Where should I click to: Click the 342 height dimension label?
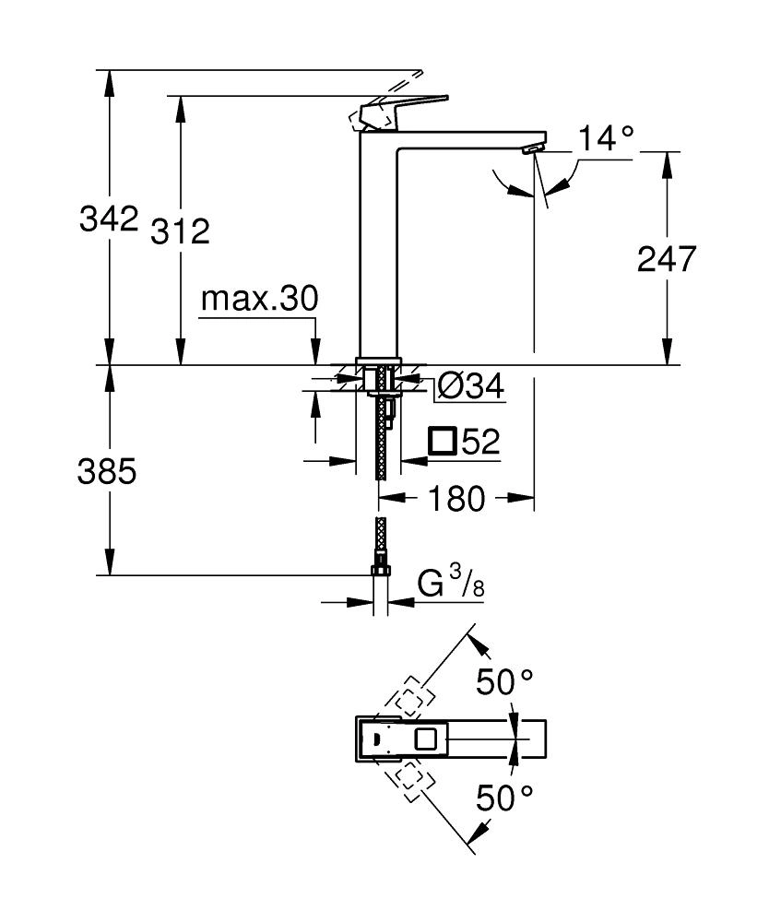[x=108, y=219]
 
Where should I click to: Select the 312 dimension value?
[x=181, y=231]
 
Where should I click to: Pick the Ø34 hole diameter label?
[x=470, y=388]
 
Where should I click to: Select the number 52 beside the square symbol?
[x=480, y=443]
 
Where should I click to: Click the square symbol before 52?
[x=443, y=442]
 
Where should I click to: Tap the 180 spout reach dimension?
[x=455, y=499]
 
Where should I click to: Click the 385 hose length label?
[x=108, y=471]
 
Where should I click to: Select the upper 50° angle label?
[x=504, y=683]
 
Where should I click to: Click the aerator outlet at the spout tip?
[x=531, y=148]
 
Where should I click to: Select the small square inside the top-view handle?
[x=426, y=739]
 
